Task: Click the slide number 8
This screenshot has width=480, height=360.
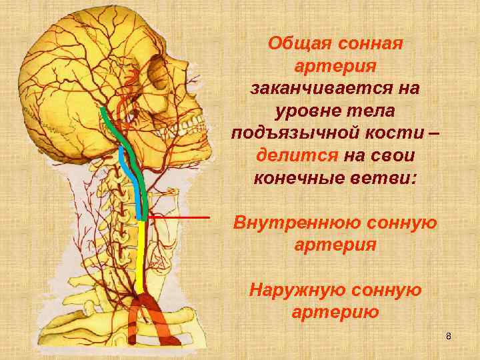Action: [x=449, y=335]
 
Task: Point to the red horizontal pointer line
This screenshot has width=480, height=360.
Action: [x=179, y=217]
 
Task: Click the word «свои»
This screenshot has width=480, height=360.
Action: [x=393, y=155]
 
